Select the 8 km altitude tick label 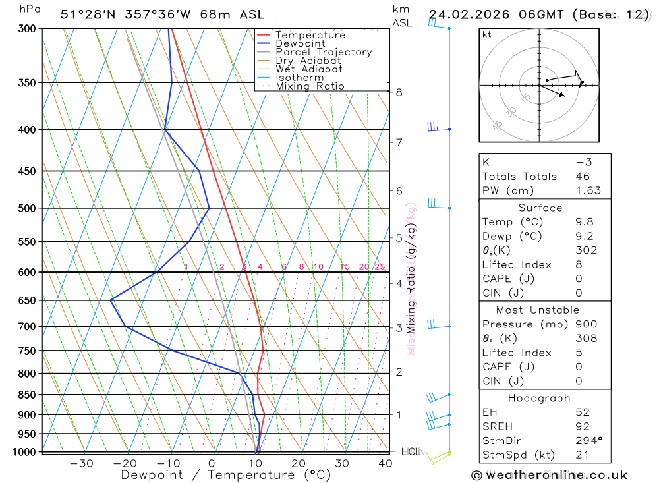(399, 92)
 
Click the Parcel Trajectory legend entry (323, 52)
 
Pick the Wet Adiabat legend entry (308, 69)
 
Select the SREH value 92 (582, 426)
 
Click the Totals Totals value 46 (582, 177)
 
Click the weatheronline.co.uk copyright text (549, 475)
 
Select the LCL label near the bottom (411, 452)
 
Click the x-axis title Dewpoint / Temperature (226, 475)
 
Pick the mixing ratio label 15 (345, 267)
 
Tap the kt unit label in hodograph (486, 35)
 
